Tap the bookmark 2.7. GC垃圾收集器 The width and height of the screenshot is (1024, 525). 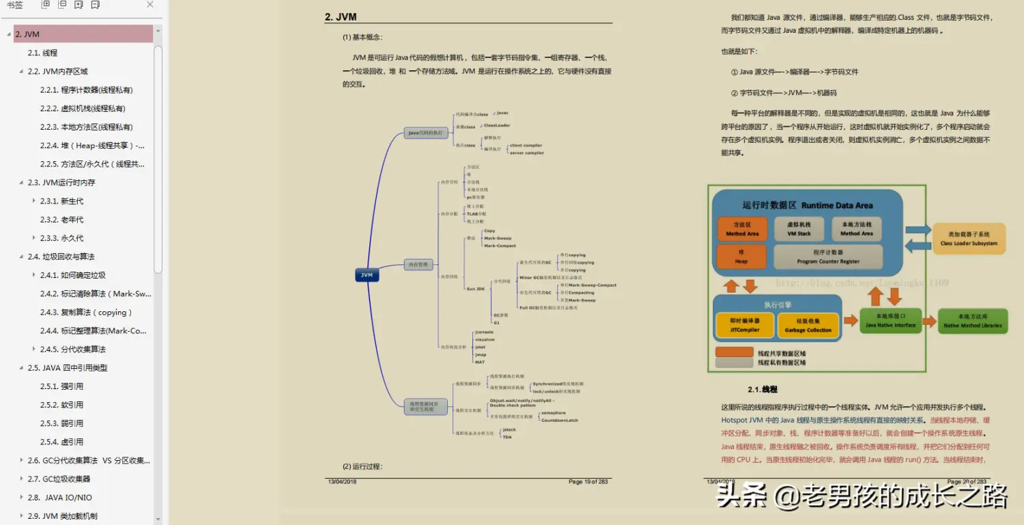click(59, 479)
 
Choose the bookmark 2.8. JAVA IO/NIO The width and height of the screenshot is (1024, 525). click(59, 498)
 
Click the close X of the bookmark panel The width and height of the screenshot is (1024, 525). click(150, 5)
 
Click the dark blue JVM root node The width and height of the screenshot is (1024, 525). click(367, 275)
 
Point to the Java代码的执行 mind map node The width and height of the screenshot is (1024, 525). click(425, 132)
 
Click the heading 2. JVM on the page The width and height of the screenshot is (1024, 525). click(341, 17)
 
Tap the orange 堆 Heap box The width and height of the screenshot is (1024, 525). click(741, 257)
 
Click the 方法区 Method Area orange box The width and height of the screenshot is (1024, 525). click(742, 229)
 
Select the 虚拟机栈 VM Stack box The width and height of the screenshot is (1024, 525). click(799, 229)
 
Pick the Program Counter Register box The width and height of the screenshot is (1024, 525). click(827, 257)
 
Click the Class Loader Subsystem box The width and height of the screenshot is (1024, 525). click(968, 238)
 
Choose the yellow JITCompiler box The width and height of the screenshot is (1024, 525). click(745, 325)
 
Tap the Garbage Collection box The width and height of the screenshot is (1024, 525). click(808, 325)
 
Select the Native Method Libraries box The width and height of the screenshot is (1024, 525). click(973, 320)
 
